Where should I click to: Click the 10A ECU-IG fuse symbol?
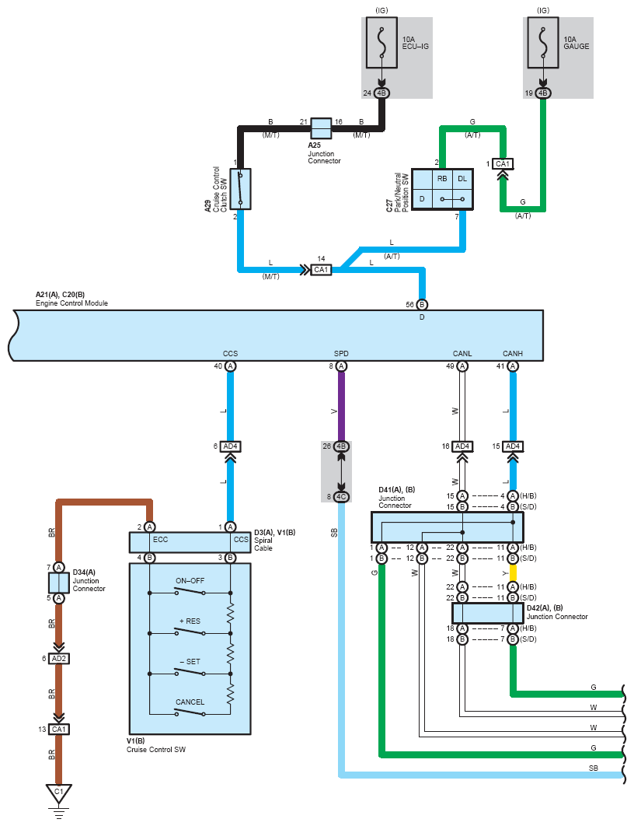click(381, 42)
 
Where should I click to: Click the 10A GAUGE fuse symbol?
click(543, 42)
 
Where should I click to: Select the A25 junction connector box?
click(321, 128)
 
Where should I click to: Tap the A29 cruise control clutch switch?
click(240, 189)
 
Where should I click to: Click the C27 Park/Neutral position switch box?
click(442, 190)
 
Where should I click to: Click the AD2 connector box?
click(59, 659)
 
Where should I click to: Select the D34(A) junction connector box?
click(59, 583)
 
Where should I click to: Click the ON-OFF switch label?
click(190, 580)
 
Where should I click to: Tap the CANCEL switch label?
click(190, 702)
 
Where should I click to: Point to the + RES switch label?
click(190, 621)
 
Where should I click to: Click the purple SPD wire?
click(341, 406)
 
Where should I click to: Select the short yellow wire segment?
click(513, 572)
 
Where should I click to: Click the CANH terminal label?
click(513, 353)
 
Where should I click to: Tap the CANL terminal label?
click(462, 353)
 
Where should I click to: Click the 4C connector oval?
click(341, 497)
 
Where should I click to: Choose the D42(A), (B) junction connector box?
click(488, 613)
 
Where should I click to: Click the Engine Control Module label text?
click(71, 303)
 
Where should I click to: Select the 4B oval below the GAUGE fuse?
click(543, 93)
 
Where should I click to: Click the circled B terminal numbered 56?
click(421, 304)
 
